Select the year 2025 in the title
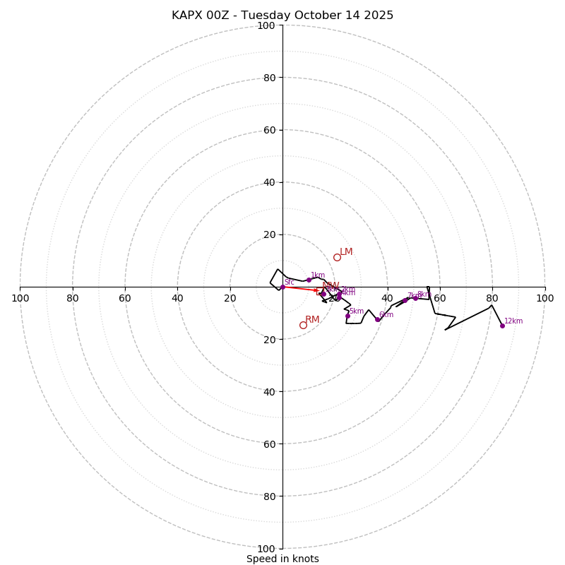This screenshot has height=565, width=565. tap(380, 16)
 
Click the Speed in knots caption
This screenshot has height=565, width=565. tap(282, 559)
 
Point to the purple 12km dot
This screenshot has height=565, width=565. tap(502, 326)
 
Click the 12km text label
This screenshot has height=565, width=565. tap(513, 321)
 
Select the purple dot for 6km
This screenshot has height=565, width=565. tap(377, 319)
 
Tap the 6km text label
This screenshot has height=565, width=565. tap(386, 315)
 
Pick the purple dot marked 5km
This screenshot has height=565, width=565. tap(347, 316)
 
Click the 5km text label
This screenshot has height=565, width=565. tap(357, 311)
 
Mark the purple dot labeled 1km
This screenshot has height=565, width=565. tap(309, 280)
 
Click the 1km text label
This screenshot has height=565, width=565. tap(318, 275)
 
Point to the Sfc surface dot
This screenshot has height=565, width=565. tap(282, 287)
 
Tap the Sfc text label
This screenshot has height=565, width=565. tap(289, 282)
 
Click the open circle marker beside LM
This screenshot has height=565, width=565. tap(337, 257)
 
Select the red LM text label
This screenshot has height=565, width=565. tap(346, 252)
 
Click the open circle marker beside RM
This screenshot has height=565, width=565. tap(303, 325)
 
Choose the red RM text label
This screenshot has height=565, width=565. tap(312, 320)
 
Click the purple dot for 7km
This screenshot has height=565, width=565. tap(405, 300)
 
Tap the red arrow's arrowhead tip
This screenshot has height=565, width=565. tap(319, 290)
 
